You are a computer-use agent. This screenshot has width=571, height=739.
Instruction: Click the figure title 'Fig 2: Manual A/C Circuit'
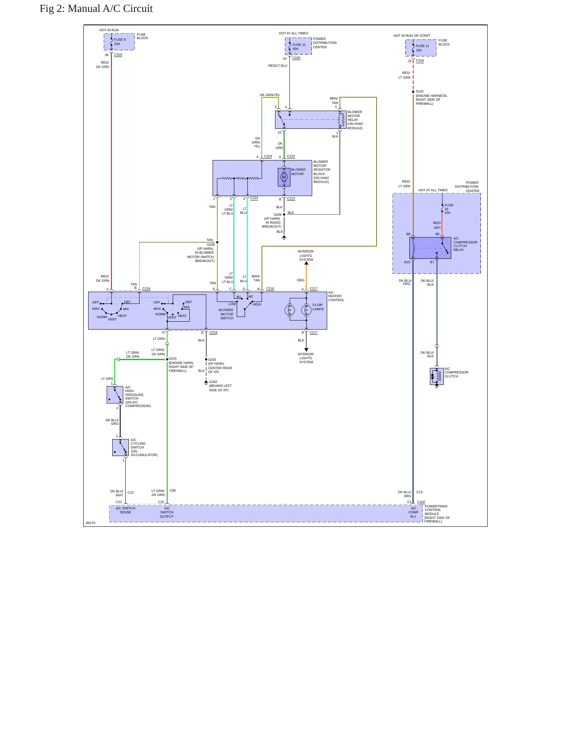pos(96,9)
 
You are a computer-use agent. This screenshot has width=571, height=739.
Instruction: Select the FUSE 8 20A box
pos(119,42)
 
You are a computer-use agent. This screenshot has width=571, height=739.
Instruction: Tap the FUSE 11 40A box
pos(298,46)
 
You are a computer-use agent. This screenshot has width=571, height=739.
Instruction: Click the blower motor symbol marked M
pos(284,177)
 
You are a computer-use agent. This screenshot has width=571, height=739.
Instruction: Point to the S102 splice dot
pos(413,92)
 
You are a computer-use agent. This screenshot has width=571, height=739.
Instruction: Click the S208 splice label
pos(211,245)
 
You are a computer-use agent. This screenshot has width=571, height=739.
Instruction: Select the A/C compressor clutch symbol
pos(437,376)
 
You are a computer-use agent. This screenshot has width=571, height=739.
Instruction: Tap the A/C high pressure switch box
pos(115,395)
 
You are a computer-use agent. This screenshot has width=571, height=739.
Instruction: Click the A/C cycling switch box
pos(121,447)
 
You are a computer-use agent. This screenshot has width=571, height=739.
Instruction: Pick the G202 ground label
pos(213,382)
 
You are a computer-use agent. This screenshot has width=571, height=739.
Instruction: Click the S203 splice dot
pos(206,360)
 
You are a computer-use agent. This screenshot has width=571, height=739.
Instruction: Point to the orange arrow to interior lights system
pos(306,275)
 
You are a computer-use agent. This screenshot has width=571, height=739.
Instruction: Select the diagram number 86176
pos(91,523)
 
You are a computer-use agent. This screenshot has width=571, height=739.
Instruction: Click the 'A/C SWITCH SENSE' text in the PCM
pos(125,510)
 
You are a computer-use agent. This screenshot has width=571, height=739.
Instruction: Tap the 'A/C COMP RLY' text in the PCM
pos(413,512)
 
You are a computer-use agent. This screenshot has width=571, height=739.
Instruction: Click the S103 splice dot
pos(167,359)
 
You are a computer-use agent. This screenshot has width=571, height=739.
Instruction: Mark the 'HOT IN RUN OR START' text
pos(412,36)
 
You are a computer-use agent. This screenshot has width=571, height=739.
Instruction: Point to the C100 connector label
pos(296,58)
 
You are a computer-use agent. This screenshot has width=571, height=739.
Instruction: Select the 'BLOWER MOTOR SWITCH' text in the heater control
pos(226,314)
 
